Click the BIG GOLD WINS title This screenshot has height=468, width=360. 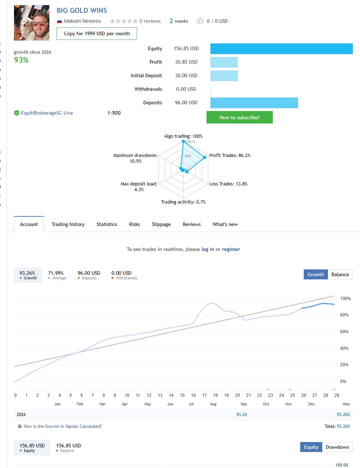[82, 10]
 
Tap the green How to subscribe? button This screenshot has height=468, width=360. [239, 117]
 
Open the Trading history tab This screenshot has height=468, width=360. [68, 224]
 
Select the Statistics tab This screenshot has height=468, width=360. [106, 224]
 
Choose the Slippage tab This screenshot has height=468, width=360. [161, 224]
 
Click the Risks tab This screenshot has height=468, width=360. [135, 224]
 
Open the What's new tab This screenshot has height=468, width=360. [225, 224]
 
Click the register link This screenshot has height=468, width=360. [231, 249]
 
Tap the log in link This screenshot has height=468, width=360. [208, 249]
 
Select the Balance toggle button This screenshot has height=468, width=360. [340, 274]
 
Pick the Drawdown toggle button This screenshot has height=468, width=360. [337, 447]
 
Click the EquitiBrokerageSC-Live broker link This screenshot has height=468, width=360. [47, 113]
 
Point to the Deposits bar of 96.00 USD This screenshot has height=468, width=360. [254, 103]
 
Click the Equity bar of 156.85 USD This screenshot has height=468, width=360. [281, 49]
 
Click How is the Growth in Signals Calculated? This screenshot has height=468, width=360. [62, 426]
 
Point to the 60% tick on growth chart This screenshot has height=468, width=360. [344, 331]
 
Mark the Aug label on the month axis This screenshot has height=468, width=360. [213, 404]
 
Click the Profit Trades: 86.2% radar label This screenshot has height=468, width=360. [230, 155]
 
